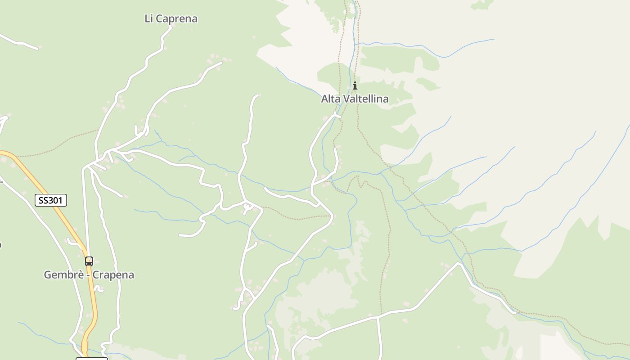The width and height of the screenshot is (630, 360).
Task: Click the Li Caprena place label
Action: (171, 19)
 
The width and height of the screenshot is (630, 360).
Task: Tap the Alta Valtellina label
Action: (355, 99)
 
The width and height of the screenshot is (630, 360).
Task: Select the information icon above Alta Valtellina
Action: (355, 85)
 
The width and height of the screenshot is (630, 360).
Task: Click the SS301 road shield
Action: (51, 200)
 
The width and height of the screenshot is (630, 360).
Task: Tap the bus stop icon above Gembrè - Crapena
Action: (89, 261)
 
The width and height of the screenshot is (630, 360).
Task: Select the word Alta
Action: (329, 99)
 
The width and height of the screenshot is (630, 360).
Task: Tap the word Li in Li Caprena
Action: (148, 19)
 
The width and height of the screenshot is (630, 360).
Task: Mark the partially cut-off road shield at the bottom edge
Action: (92, 358)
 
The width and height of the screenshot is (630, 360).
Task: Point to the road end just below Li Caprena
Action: (171, 27)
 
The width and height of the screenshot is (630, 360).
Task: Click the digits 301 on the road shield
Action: (56, 200)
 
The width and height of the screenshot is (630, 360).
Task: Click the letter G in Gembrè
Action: (47, 275)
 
